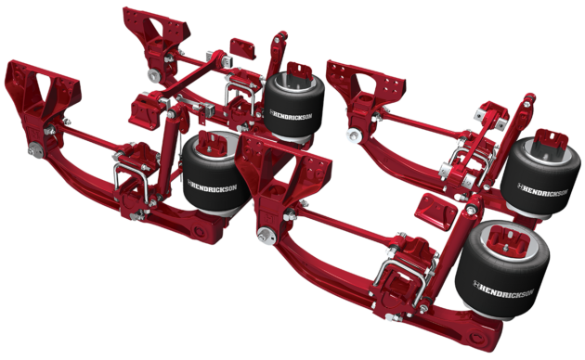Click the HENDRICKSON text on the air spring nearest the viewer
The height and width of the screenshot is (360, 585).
[x=503, y=289]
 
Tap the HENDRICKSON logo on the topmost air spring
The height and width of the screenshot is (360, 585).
[x=291, y=114]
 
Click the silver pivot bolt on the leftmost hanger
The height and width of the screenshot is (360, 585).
[x=36, y=149]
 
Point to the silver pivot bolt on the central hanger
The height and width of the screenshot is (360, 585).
[x=266, y=235]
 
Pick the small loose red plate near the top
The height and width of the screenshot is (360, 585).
[x=243, y=48]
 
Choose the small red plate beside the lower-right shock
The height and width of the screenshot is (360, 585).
[x=435, y=212]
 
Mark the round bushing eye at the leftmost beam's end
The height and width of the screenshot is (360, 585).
[x=200, y=231]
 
